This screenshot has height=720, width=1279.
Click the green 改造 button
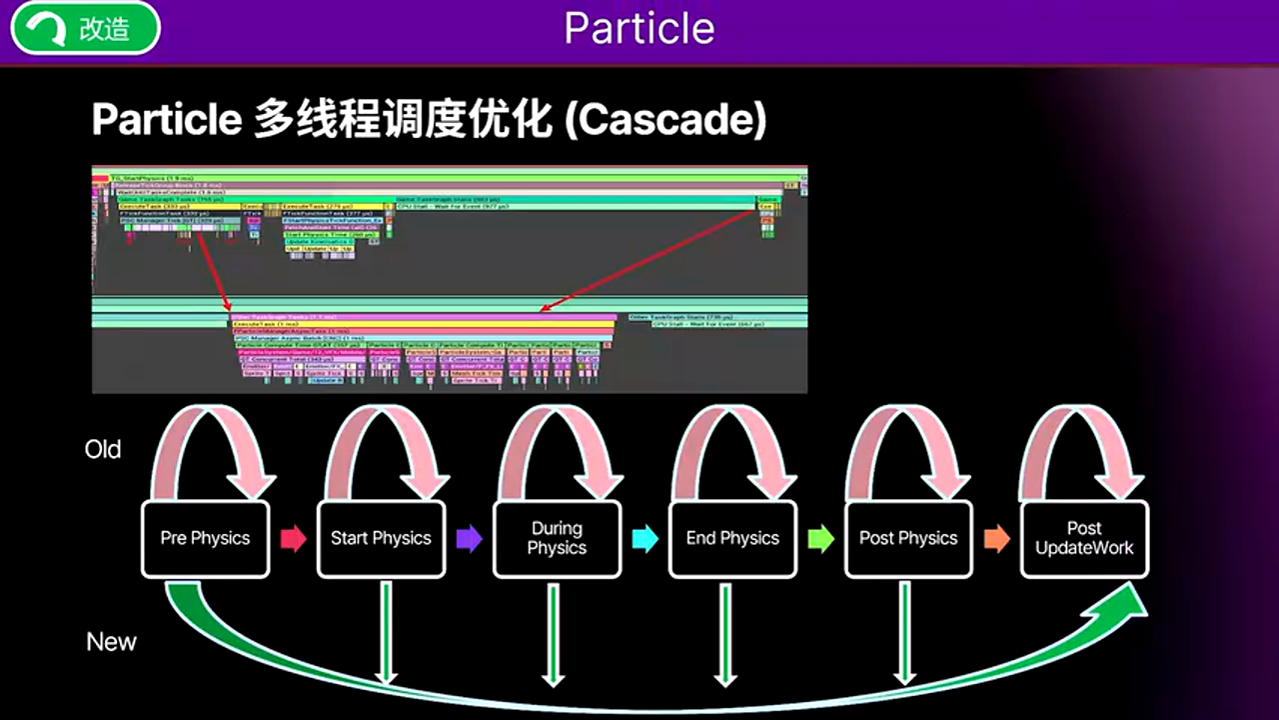[x=85, y=29]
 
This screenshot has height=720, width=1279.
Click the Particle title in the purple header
[x=639, y=29]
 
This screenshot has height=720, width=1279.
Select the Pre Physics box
[x=205, y=538]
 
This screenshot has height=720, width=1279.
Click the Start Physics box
[x=381, y=538]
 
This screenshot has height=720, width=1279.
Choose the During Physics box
[x=557, y=538]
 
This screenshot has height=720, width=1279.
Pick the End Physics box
[x=732, y=538]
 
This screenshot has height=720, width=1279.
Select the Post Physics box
[x=908, y=538]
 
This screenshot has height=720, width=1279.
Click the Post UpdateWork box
[x=1084, y=538]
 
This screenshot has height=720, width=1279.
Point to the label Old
[x=103, y=450]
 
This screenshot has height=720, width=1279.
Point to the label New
[x=111, y=642]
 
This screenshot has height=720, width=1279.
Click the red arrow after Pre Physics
[x=293, y=539]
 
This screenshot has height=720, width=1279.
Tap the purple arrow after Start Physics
[x=469, y=539]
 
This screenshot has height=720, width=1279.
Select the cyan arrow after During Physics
[x=644, y=539]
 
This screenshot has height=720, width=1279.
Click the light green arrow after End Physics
[x=820, y=539]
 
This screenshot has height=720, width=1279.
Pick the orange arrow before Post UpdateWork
[x=996, y=539]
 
